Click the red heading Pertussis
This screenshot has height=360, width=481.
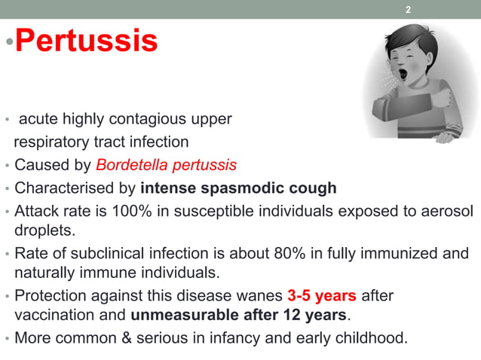86,41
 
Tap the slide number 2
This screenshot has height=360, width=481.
408,10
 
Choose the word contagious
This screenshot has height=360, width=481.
169,119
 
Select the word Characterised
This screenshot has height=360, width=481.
64,188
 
